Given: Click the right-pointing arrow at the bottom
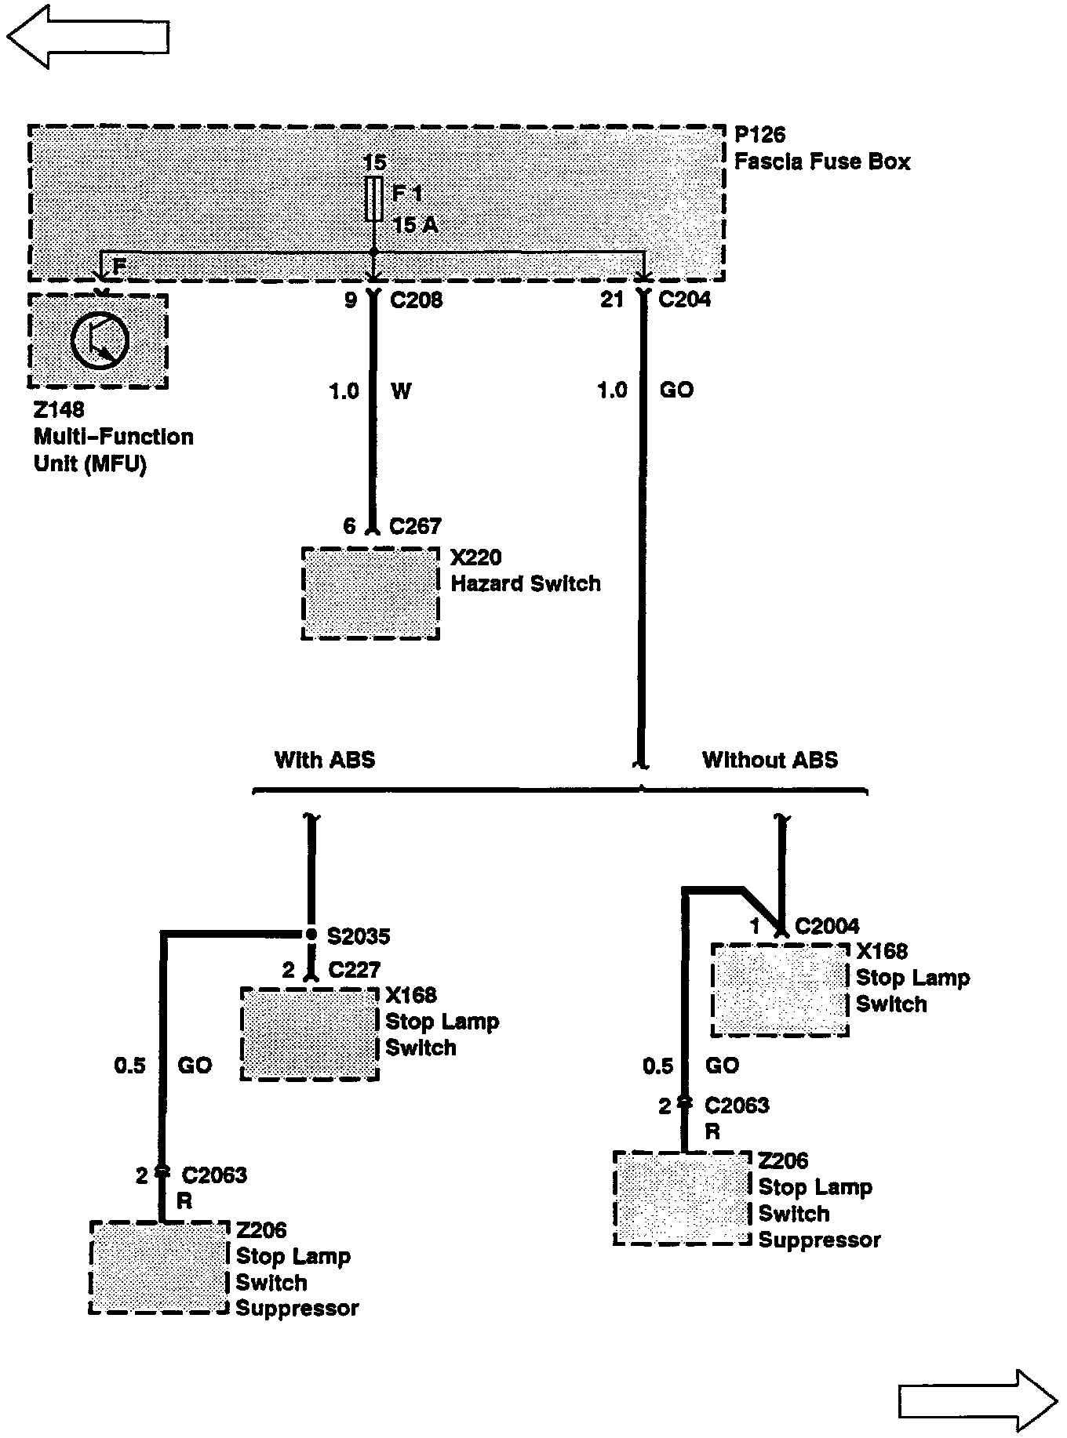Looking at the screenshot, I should pos(977,1400).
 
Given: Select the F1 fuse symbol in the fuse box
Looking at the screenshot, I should pos(374,198).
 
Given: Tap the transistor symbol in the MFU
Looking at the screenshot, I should pos(100,340).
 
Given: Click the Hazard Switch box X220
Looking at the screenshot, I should pos(370,594).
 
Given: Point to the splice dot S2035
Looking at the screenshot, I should pos(311,935).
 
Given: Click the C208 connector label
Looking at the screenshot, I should pos(415,300).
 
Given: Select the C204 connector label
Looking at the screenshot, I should pos(684,300).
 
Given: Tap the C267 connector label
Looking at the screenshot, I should pos(415,526).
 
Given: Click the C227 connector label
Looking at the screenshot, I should pos(354,971).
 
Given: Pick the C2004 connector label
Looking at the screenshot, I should pos(826,927).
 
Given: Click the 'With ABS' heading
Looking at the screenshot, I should pos(324,760).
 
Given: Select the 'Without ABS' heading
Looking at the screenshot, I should pos(770,760).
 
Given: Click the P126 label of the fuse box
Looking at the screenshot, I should pos(759,135).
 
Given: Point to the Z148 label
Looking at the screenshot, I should pos(59,410).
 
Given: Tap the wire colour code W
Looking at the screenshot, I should pos(400,390).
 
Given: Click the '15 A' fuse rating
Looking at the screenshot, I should pos(415,226).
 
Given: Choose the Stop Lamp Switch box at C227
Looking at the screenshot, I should pos(309,1033).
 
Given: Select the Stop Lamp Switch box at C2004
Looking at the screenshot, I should pos(780,990).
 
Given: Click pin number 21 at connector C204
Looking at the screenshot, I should pos(612,300).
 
